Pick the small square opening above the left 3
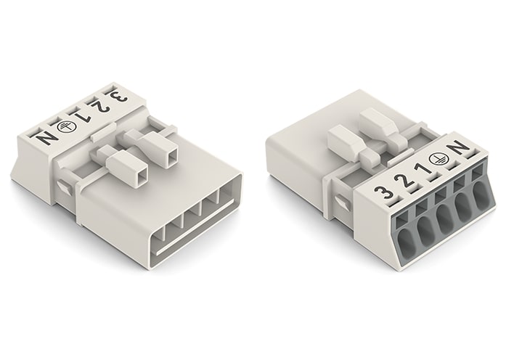pyautogui.click(x=99, y=86)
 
